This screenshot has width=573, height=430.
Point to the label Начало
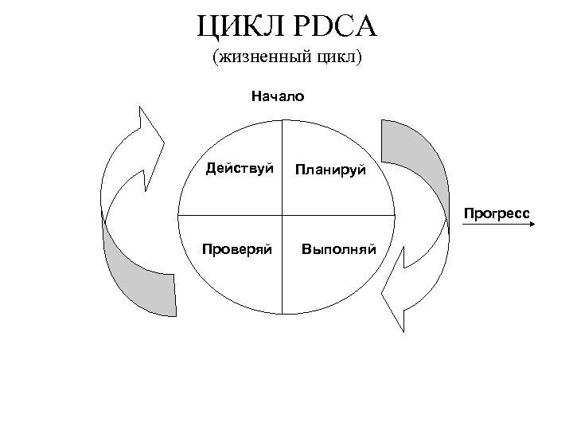[278, 97]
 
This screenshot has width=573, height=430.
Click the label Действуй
[240, 169]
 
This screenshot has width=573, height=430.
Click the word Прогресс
[498, 213]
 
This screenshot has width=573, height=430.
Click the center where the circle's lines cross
[283, 215]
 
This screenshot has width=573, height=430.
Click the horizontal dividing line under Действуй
[231, 215]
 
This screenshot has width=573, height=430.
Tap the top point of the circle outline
[283, 121]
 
